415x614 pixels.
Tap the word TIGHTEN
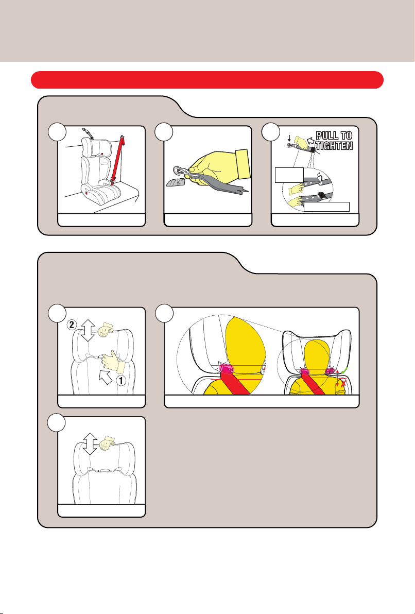(334, 146)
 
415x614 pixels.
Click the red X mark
(343, 384)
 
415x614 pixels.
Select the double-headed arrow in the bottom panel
(90, 444)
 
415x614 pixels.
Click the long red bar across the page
(207, 80)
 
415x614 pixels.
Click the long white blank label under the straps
(326, 207)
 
